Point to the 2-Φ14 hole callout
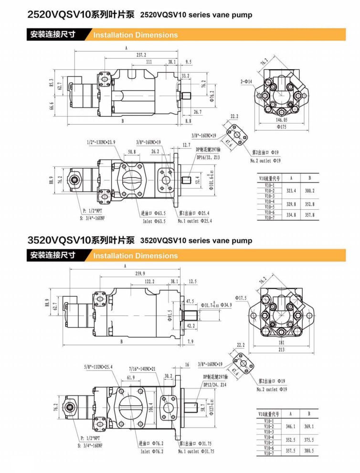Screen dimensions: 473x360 click(x=246, y=82)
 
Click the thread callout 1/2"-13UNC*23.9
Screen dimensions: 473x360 click(x=101, y=142)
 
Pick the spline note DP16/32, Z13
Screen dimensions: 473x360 click(x=208, y=157)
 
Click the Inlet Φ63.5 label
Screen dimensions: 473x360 click(x=154, y=221)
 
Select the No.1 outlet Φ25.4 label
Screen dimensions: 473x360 click(x=195, y=221)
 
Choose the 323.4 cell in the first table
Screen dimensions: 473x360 click(x=291, y=191)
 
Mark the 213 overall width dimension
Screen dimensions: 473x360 click(x=282, y=350)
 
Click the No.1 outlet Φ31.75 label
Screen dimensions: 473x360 click(x=196, y=451)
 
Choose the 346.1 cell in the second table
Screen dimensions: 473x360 click(x=290, y=426)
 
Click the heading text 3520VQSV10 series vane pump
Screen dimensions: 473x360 click(x=196, y=240)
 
